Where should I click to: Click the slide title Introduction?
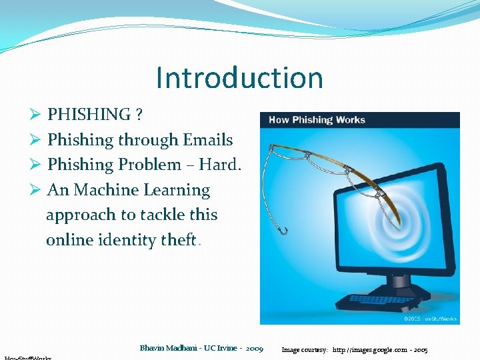click(x=239, y=78)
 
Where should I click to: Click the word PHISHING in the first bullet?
click(x=89, y=115)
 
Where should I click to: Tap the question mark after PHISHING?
click(x=138, y=115)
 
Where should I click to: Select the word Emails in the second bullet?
click(x=208, y=140)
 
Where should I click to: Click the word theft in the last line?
click(x=178, y=240)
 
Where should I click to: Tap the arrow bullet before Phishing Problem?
click(x=37, y=165)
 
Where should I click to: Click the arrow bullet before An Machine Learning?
click(x=37, y=190)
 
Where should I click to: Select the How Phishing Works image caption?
click(x=317, y=120)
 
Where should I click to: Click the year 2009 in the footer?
click(x=254, y=348)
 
